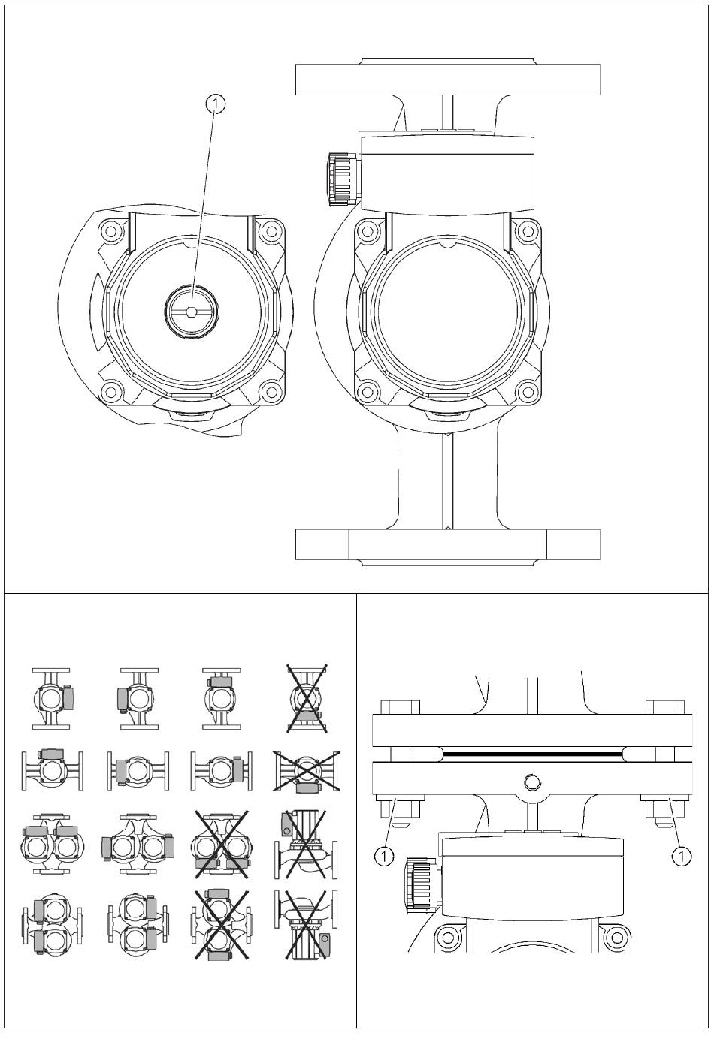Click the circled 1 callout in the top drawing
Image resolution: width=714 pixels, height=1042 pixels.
(x=216, y=104)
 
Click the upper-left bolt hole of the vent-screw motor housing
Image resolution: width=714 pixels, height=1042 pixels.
(x=112, y=230)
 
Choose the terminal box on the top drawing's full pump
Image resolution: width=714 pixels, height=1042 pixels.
(x=446, y=173)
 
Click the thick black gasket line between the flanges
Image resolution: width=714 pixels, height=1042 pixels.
(x=532, y=753)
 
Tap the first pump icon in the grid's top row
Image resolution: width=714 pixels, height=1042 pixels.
(x=51, y=699)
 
